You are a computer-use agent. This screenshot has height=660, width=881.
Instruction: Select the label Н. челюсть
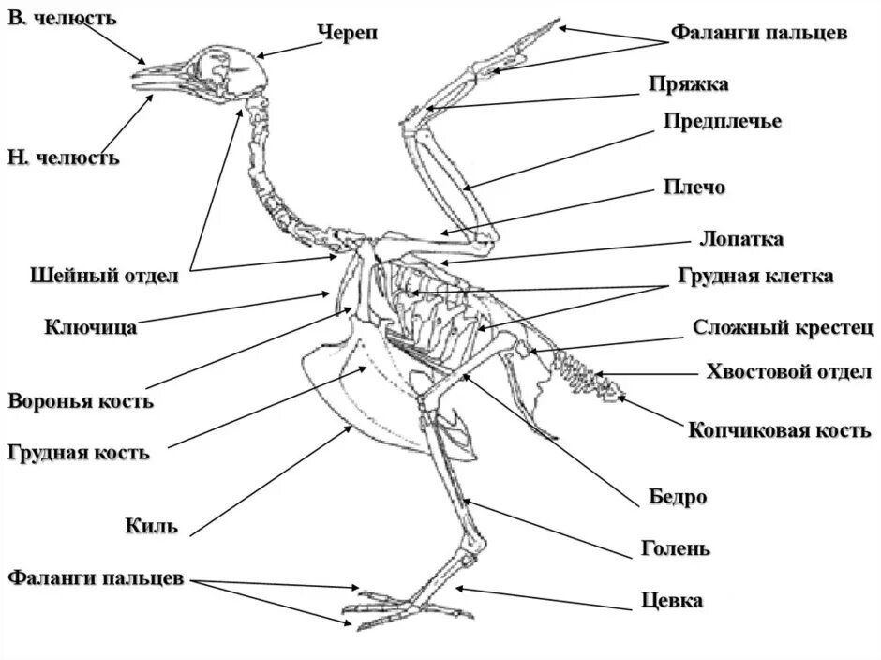pos(64,157)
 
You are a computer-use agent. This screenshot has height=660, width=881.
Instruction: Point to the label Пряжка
pos(689,84)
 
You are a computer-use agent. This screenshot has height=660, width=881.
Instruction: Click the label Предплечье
pos(722,121)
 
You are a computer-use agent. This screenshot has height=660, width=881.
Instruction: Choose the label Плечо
pos(694,187)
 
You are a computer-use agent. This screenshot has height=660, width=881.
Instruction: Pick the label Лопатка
pos(740,238)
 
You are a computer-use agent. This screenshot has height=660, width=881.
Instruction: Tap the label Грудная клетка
pos(754,277)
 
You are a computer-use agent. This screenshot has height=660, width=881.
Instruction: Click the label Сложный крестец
pos(783,327)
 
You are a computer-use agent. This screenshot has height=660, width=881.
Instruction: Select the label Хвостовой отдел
pos(788,372)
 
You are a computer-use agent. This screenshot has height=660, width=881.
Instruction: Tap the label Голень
pos(676,547)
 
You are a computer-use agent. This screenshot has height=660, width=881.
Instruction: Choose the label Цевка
pos(672,599)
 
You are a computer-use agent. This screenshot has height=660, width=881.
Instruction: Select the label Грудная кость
pos(78,453)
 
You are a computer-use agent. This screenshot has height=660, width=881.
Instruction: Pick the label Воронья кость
pos(81,401)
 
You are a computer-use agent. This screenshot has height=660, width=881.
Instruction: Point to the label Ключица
pos(91,327)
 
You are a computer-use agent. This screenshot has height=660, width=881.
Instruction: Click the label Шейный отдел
pos(104,276)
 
